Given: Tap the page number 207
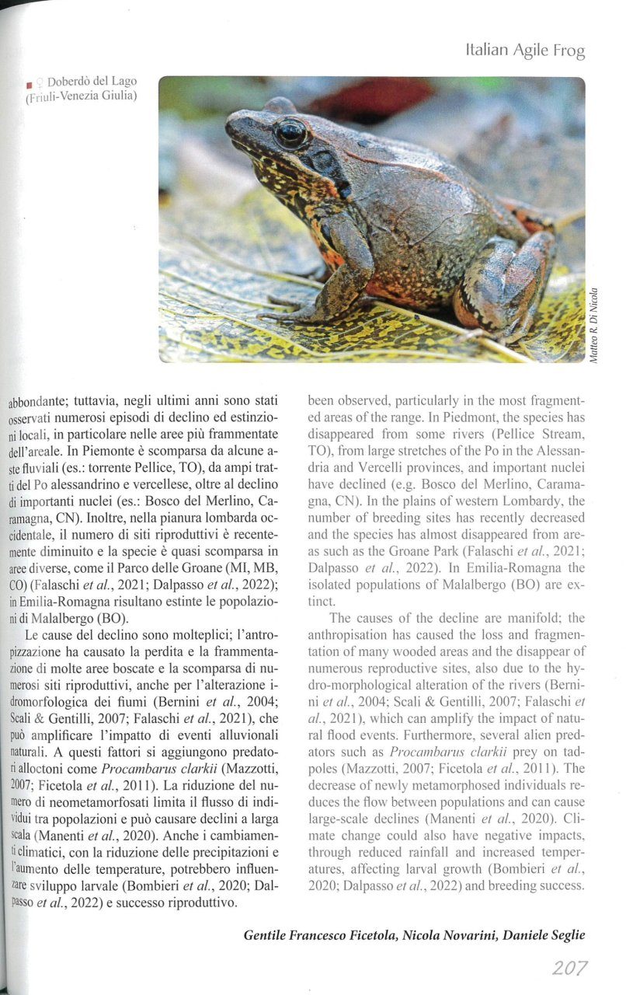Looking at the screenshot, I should (x=569, y=968).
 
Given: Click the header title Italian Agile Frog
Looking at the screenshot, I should (x=525, y=51).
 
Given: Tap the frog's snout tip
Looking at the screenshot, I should (x=229, y=124).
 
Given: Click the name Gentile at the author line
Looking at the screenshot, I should (x=269, y=935).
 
